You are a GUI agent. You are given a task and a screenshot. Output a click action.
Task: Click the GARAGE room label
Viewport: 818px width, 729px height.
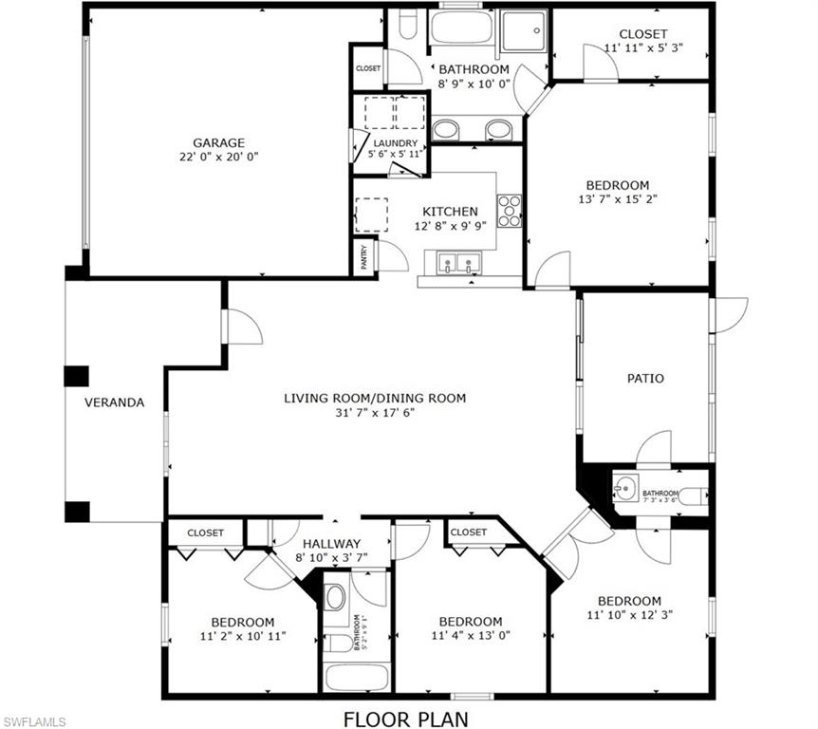click(219, 142)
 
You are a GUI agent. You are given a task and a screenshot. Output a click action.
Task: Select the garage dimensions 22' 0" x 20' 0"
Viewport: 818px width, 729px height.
click(219, 157)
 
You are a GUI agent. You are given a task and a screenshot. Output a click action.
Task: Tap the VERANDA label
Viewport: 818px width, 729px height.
click(114, 402)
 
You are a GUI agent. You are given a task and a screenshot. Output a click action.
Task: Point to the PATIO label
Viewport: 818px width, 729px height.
click(645, 378)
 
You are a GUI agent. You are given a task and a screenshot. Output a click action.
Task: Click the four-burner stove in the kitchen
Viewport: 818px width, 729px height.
click(510, 211)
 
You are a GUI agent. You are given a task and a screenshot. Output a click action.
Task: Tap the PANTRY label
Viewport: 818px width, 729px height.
click(363, 257)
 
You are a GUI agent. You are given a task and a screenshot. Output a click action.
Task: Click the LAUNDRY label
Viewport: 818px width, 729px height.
click(395, 143)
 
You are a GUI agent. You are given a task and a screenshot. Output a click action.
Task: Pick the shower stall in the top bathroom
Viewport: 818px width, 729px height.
click(524, 29)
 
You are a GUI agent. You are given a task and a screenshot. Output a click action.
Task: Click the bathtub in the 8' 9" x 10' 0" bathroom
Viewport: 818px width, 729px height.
click(460, 28)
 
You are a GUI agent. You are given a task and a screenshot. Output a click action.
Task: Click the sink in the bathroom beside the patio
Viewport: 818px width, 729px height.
click(624, 489)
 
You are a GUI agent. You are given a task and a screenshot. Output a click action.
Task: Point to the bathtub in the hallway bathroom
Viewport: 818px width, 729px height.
click(357, 678)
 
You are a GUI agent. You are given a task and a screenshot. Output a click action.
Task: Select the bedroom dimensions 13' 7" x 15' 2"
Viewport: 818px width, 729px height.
click(617, 200)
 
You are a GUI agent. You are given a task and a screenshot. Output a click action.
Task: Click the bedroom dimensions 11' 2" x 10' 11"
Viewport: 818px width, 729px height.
click(243, 637)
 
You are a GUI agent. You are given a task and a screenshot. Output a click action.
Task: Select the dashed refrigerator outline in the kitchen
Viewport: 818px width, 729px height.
click(371, 215)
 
